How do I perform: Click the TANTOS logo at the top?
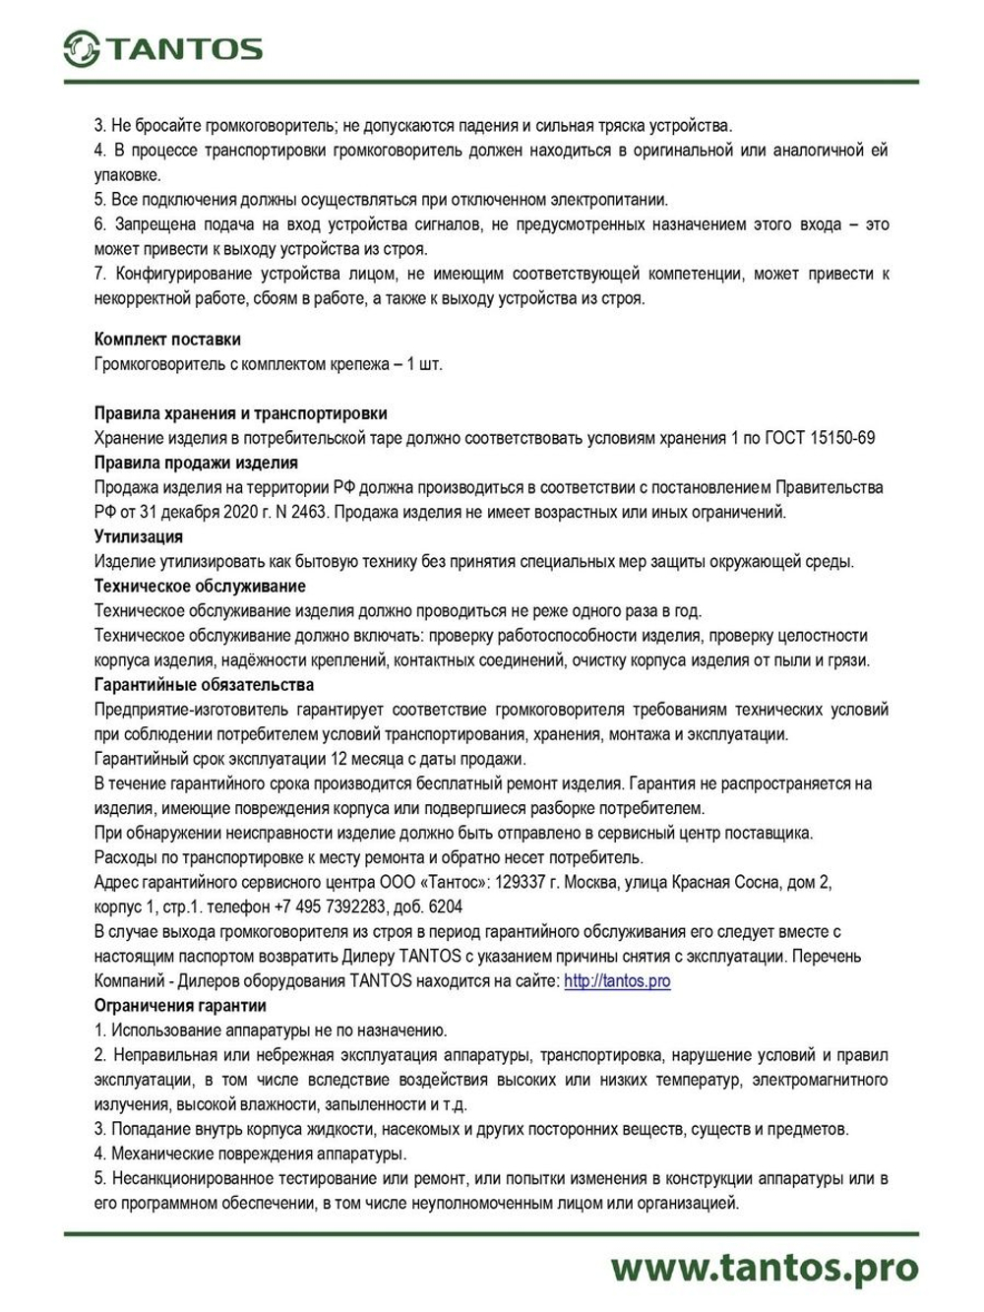(x=162, y=48)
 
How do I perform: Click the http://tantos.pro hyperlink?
(x=617, y=981)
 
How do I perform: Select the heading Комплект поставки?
(x=167, y=340)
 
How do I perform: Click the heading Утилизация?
(x=139, y=537)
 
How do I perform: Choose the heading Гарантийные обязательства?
(x=204, y=685)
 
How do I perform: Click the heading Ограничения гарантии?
(x=180, y=1006)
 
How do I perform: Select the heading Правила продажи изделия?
(x=196, y=463)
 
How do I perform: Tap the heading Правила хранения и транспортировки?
(x=240, y=413)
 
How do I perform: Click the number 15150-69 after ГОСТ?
(x=842, y=438)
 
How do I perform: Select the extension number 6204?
(x=445, y=906)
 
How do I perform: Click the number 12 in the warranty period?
(x=340, y=759)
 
